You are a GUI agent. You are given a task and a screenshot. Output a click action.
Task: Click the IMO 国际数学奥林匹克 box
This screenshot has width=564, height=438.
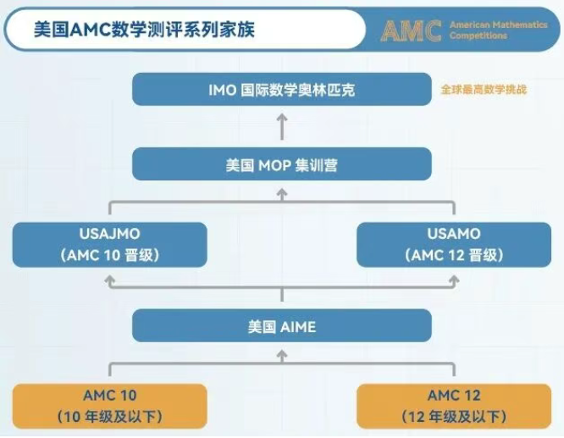pyautogui.click(x=281, y=89)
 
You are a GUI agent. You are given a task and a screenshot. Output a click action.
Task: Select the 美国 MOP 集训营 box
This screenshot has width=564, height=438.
pyautogui.click(x=281, y=165)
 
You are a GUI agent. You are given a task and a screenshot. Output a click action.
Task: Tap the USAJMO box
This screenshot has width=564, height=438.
pyautogui.click(x=110, y=244)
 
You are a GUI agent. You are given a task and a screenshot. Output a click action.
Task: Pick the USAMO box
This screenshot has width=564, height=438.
pyautogui.click(x=454, y=244)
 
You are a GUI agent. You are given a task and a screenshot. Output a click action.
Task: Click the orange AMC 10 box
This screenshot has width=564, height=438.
pyautogui.click(x=110, y=405)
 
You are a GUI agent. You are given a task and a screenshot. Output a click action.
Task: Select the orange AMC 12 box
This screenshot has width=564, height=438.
pyautogui.click(x=454, y=405)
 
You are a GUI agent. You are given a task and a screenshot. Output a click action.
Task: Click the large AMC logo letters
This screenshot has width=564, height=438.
pyautogui.click(x=411, y=30)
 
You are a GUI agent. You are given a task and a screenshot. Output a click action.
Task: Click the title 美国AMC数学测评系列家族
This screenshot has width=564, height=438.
pyautogui.click(x=144, y=30)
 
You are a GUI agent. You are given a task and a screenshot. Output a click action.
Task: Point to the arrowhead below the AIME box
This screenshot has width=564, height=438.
pyautogui.click(x=282, y=354)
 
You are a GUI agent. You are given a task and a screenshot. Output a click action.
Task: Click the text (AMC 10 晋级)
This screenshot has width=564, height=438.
pyautogui.click(x=110, y=255)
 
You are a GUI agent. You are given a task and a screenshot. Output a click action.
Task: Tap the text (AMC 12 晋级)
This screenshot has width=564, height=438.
pyautogui.click(x=454, y=255)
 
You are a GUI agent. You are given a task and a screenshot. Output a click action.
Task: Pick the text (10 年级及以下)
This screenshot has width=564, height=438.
pyautogui.click(x=110, y=416)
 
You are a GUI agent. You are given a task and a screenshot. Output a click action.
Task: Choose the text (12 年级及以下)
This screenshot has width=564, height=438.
pyautogui.click(x=454, y=416)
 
